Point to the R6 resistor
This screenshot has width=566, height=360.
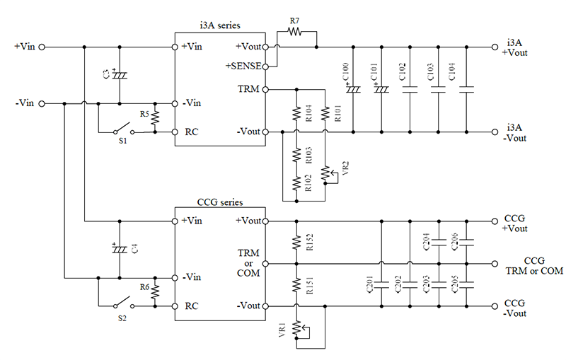tap(155, 291)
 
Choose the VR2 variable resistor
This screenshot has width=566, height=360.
tap(325, 172)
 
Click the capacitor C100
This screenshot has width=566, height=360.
tap(352, 89)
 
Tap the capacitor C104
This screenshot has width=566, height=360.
tap(466, 89)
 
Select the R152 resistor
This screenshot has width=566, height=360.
tap(296, 243)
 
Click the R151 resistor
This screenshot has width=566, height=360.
tap(296, 284)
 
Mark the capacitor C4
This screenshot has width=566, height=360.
tap(120, 249)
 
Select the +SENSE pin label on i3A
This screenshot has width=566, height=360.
tap(243, 66)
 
